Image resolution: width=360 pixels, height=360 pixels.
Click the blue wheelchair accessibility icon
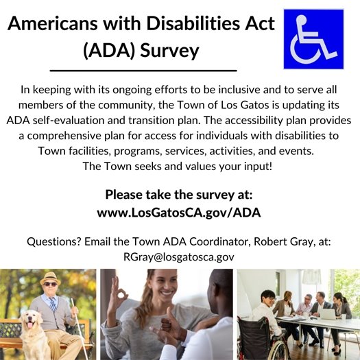click(313, 39)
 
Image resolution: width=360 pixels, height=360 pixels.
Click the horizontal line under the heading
click(143, 70)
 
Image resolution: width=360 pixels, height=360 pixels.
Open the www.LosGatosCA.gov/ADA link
click(180, 213)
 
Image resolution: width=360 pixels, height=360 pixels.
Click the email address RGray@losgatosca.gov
click(180, 257)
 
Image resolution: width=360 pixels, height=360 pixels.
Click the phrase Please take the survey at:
click(180, 194)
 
